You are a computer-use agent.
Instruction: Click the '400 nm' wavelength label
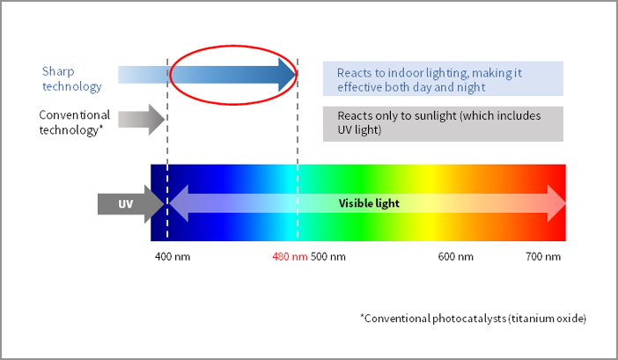(x=173, y=257)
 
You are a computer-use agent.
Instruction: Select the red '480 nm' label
(x=290, y=257)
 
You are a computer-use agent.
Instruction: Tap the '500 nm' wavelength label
(x=327, y=257)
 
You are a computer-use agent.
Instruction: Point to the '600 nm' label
(x=456, y=257)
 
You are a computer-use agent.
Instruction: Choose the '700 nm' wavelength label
(x=543, y=257)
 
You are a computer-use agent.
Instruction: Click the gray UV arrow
(x=131, y=204)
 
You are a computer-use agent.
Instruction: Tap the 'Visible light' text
(x=369, y=203)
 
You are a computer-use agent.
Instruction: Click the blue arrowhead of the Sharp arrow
(x=287, y=75)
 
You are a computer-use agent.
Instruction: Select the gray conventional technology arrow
(x=142, y=120)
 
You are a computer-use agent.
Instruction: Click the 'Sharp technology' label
(x=71, y=78)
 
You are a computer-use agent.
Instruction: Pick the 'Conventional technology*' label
(x=75, y=122)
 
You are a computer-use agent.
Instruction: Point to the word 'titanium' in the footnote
(x=529, y=319)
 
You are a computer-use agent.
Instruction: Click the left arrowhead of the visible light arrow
(x=179, y=203)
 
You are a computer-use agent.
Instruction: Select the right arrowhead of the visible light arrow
(x=556, y=203)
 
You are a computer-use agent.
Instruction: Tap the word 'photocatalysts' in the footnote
(x=469, y=319)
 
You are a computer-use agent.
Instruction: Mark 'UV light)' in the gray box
(x=359, y=129)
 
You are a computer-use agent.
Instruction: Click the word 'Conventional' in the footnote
(x=397, y=319)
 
